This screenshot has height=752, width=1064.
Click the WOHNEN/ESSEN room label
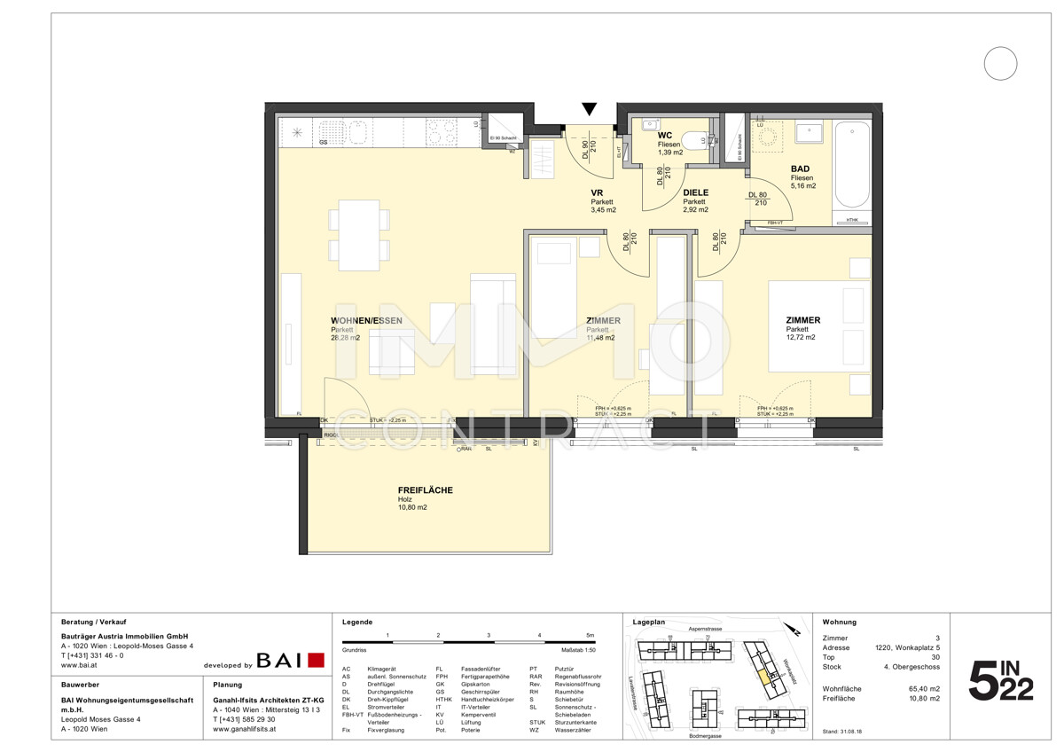(366, 320)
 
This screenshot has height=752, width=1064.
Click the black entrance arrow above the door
(590, 109)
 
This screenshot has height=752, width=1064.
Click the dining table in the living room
(359, 233)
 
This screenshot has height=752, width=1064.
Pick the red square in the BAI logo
(316, 660)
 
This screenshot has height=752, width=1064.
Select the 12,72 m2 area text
(801, 338)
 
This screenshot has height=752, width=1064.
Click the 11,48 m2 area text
(599, 338)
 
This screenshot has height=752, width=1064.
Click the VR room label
(598, 192)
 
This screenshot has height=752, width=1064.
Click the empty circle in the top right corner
(1000, 63)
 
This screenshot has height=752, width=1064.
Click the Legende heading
(357, 623)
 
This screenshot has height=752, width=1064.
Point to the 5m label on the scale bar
(590, 636)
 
